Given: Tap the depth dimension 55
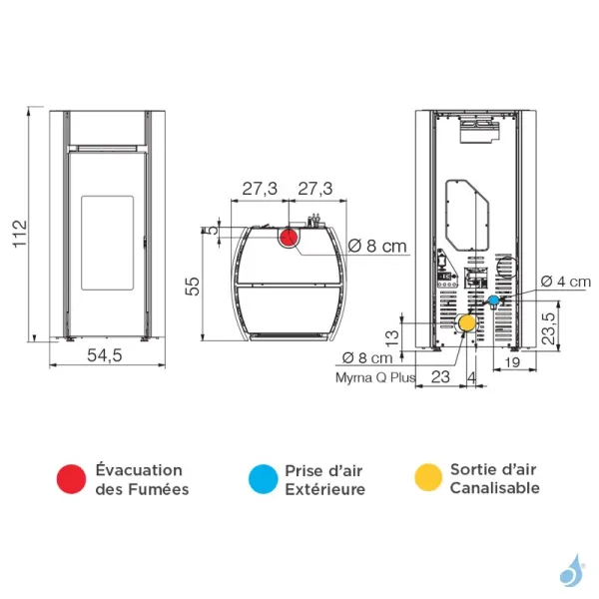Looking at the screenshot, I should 196,287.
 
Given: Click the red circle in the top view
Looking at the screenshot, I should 289,238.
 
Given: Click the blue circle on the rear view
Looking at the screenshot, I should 493,299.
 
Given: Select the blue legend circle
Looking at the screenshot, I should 262,479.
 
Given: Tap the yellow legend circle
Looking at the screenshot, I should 426,479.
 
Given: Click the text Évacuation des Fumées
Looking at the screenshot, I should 140,479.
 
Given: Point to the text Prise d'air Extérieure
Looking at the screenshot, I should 324,479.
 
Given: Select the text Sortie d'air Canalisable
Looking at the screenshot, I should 494,479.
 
